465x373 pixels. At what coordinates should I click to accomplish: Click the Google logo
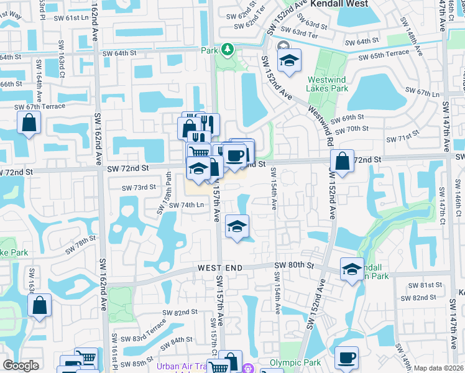click(21, 366)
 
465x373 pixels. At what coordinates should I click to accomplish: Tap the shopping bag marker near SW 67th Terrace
click(29, 123)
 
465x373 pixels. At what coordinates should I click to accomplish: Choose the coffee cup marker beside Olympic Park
click(346, 357)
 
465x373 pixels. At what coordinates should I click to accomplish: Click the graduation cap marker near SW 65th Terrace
click(289, 60)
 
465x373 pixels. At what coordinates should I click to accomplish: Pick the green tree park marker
click(228, 48)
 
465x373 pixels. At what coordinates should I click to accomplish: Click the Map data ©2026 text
click(438, 368)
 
